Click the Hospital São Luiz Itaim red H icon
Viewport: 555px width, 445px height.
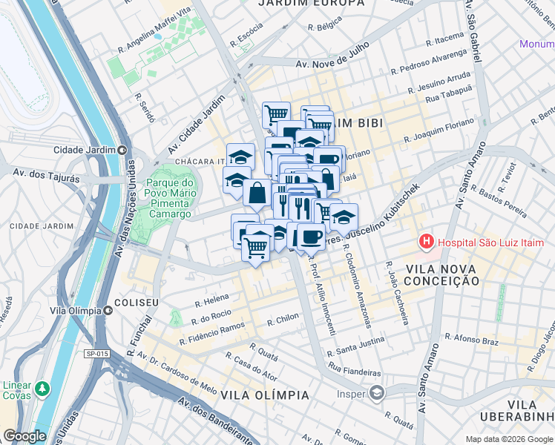tap(427, 242)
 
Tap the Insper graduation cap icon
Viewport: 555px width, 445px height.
tap(377, 392)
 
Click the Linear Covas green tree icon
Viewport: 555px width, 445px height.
tap(43, 387)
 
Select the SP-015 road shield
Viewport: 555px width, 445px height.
tap(96, 355)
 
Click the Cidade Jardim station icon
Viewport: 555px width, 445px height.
tap(121, 150)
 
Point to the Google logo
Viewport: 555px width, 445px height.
tap(24, 436)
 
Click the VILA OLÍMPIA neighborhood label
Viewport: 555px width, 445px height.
tap(264, 395)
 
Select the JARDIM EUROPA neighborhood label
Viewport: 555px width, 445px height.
tap(312, 4)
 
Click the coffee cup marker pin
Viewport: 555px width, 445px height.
tap(312, 237)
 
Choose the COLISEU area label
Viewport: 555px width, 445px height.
tap(137, 303)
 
